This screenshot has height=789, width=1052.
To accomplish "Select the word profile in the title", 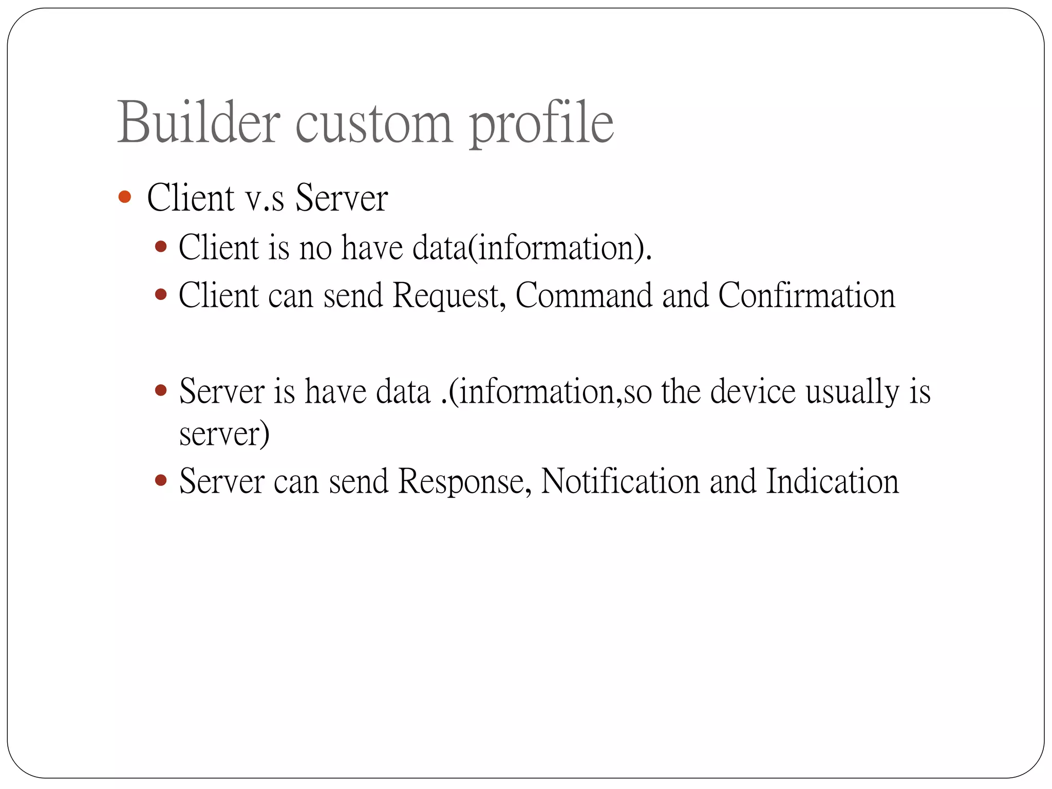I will (541, 123).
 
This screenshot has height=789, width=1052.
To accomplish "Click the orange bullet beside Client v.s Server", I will (124, 197).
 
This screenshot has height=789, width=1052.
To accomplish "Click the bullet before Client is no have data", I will (161, 247).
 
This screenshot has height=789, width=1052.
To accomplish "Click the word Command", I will (584, 295).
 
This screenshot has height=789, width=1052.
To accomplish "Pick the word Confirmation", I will (806, 295).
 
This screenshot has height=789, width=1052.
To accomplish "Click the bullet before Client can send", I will (161, 295).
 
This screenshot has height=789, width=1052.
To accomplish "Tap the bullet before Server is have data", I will (161, 391).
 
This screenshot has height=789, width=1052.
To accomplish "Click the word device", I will (753, 391).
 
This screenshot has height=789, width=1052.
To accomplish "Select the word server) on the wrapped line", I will (224, 435).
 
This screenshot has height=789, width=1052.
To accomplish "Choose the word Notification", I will (621, 481).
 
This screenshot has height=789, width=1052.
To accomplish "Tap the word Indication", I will (832, 481).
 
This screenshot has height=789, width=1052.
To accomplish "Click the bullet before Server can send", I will (161, 481).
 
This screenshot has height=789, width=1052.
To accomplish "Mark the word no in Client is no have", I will (315, 248).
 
